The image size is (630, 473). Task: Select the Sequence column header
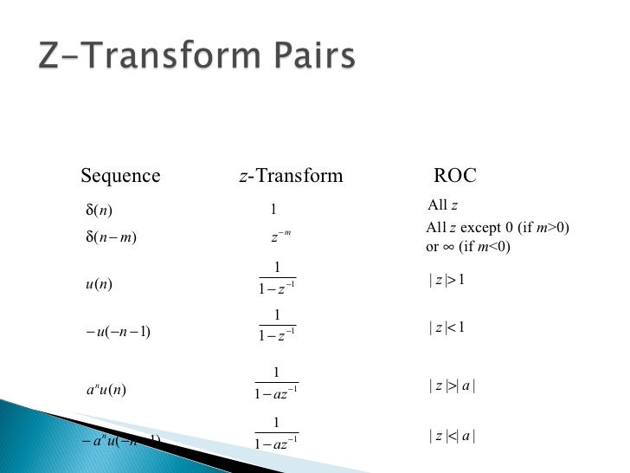120,177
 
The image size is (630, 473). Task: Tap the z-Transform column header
290,177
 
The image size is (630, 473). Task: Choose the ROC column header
455,177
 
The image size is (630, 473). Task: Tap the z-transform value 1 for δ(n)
273,209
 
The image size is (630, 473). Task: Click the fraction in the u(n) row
276,279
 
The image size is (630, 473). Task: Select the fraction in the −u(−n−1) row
276,327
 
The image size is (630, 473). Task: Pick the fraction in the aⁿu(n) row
276,384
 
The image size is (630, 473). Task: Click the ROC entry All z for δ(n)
442,205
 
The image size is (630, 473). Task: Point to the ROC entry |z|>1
447,279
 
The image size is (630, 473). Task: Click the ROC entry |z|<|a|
452,437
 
